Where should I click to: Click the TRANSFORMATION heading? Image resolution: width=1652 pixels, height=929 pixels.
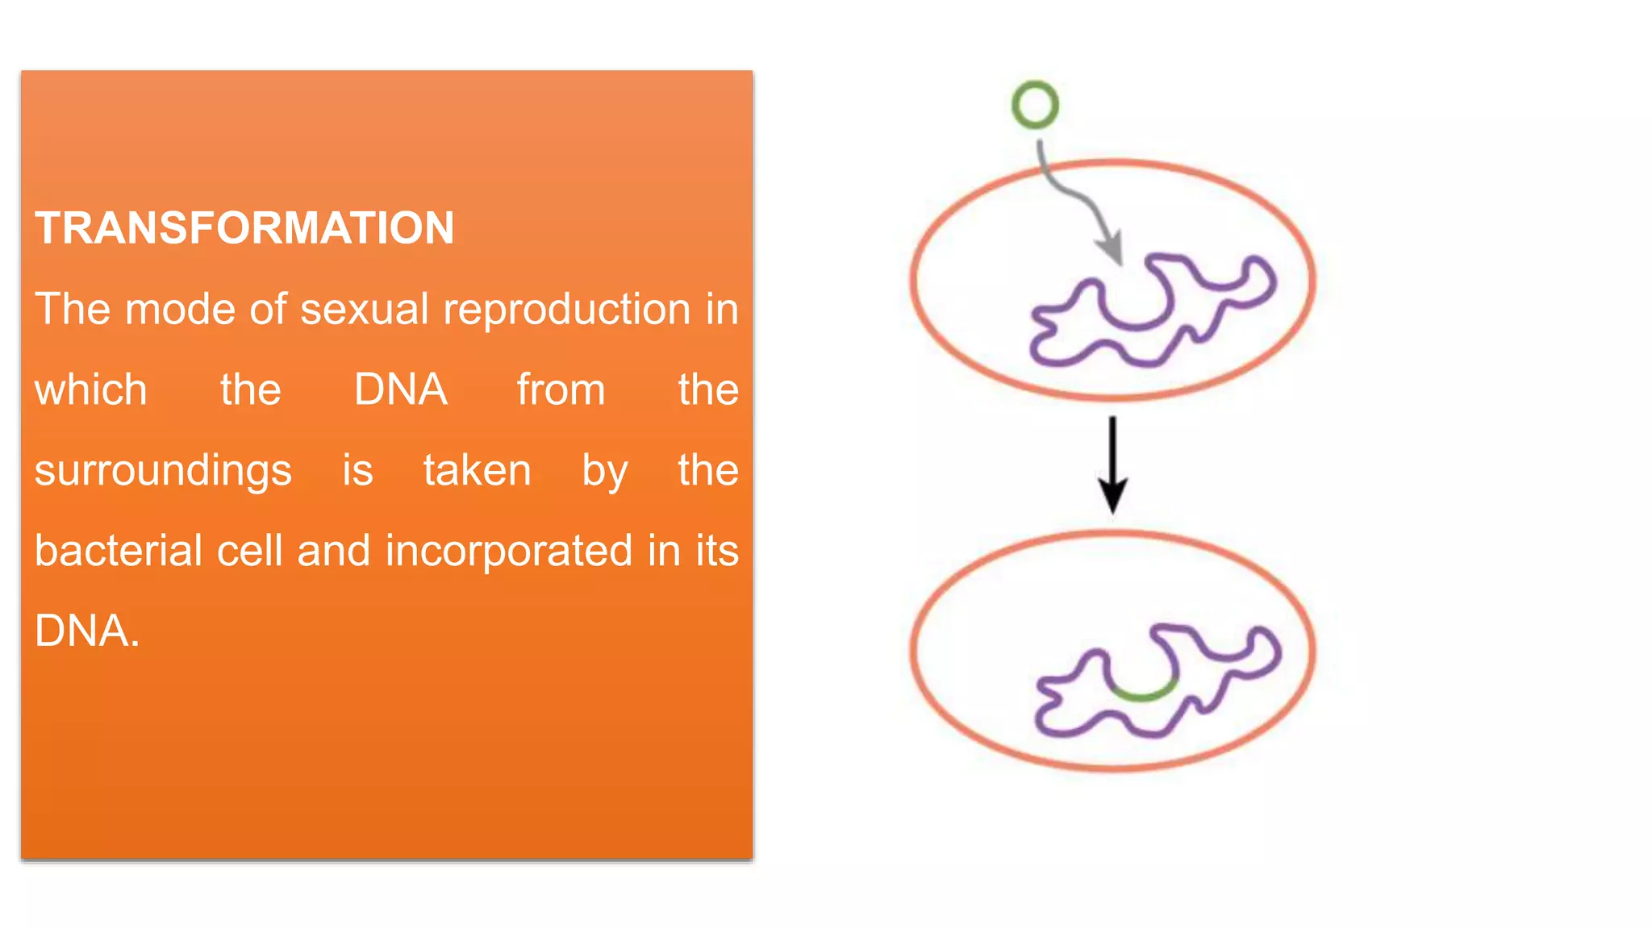pos(244,227)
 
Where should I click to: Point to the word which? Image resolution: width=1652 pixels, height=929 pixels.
pos(91,390)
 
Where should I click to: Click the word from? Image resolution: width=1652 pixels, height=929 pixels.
pos(561,390)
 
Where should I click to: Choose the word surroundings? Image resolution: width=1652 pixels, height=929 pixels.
pos(163,471)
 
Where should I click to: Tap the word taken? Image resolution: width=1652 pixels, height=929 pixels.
pos(477,470)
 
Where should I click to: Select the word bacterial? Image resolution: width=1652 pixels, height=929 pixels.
pos(119,551)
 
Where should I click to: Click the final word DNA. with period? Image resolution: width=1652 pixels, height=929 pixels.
pos(87,631)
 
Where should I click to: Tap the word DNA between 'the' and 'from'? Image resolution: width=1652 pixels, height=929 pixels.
pos(401,390)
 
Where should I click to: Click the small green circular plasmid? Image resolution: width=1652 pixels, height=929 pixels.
pos(1035,105)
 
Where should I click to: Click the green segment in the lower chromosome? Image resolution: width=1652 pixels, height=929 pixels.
pos(1142,693)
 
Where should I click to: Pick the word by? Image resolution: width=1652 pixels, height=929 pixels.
pos(605,471)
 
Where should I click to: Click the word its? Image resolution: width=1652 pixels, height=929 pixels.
pos(717,551)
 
